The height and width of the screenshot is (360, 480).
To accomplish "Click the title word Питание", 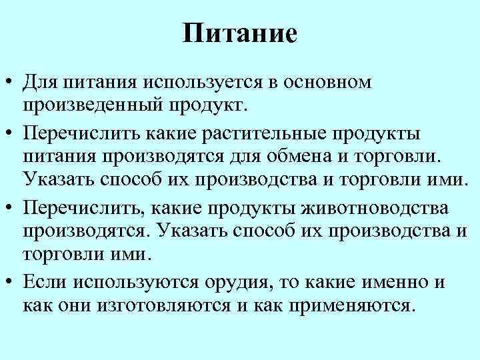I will [240, 33].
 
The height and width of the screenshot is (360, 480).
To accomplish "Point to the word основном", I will [328, 83].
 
